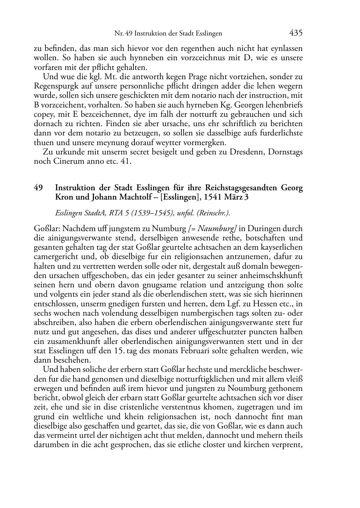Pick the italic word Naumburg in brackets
point(217,229)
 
